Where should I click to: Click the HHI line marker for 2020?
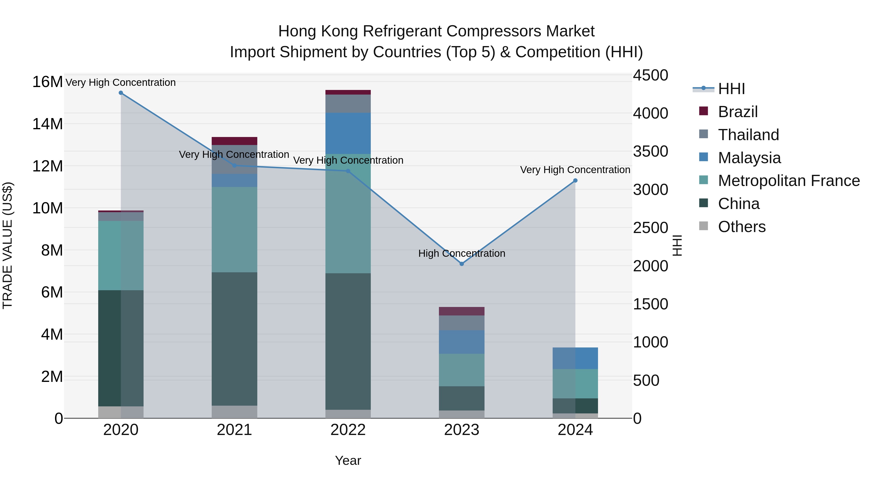click(121, 93)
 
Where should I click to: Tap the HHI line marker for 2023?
click(461, 264)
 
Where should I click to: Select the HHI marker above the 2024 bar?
click(575, 181)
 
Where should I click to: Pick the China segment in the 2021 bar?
click(234, 339)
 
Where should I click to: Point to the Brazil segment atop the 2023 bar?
click(461, 311)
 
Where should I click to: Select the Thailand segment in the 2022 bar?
click(348, 104)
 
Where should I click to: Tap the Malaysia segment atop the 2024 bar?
click(575, 358)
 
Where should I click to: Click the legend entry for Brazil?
click(737, 112)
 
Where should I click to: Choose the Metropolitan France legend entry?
click(789, 181)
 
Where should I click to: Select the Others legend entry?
click(742, 227)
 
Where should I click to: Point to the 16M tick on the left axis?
click(48, 82)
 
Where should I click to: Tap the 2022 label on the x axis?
click(348, 430)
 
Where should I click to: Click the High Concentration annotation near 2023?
click(461, 253)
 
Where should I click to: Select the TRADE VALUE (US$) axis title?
click(8, 245)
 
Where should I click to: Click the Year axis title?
click(348, 460)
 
